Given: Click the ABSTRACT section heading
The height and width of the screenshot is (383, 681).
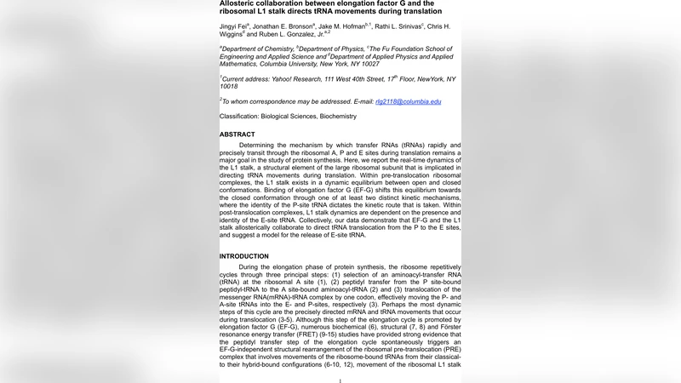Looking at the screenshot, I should tap(237, 134).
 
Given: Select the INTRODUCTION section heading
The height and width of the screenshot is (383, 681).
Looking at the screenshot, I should tap(244, 256).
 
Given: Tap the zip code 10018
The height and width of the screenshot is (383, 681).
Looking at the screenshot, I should tap(229, 87).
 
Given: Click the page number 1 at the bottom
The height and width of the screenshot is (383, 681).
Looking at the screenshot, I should tap(340, 380).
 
